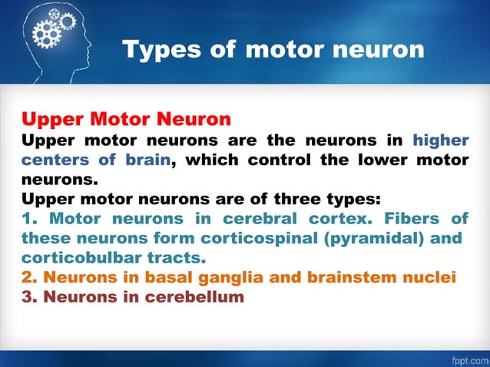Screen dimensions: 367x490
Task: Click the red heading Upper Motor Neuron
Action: point(126,120)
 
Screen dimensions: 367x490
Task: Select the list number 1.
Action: point(28,218)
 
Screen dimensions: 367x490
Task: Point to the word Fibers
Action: point(413,218)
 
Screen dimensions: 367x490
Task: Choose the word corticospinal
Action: point(247,237)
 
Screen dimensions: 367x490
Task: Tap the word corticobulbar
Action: point(81,257)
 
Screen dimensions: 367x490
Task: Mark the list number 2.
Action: point(28,276)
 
